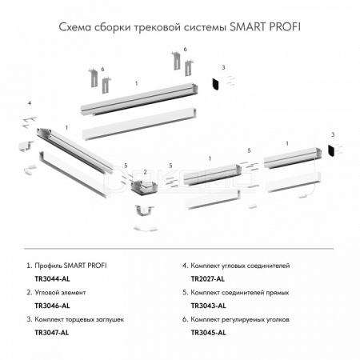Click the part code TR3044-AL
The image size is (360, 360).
(52, 279)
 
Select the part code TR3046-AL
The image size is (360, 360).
(52, 306)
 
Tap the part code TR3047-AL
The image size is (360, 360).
(52, 333)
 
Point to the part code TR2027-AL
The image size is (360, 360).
(208, 279)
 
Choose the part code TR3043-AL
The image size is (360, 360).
(209, 306)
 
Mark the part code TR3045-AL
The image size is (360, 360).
(209, 333)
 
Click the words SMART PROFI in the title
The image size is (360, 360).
(265, 27)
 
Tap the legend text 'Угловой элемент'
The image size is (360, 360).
(60, 293)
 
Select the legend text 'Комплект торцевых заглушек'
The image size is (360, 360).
(79, 319)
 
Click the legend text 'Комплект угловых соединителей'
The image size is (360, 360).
(240, 266)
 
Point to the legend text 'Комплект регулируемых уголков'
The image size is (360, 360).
(240, 319)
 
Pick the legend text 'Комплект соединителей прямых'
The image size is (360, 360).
(240, 293)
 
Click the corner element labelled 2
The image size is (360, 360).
(144, 186)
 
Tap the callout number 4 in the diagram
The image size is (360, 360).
(30, 103)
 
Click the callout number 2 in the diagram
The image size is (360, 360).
(145, 172)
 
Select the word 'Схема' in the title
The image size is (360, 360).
(75, 27)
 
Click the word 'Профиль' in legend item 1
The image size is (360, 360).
(48, 266)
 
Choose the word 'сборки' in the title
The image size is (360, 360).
(112, 27)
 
